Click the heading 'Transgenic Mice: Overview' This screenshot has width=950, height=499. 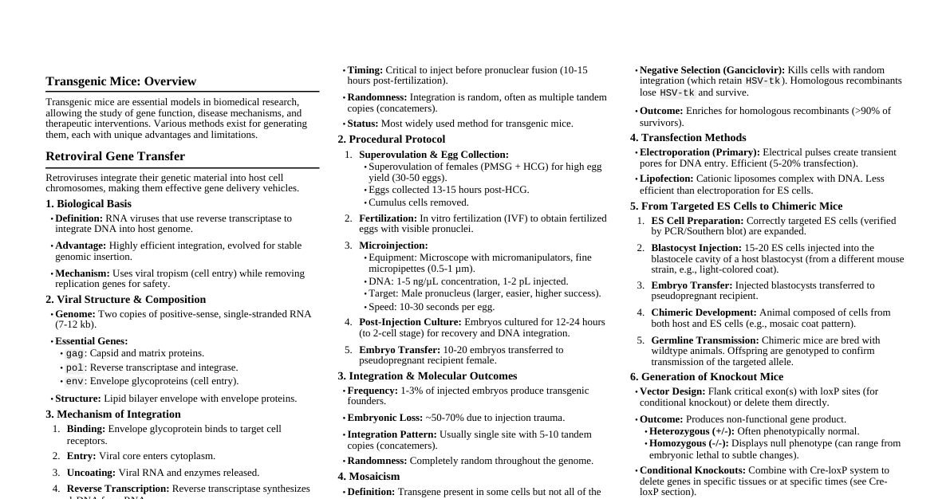[x=120, y=81]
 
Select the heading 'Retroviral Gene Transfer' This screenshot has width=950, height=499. [x=115, y=156]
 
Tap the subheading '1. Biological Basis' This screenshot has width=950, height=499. [x=89, y=204]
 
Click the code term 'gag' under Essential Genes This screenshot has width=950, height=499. [x=75, y=353]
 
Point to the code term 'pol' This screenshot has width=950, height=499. [x=75, y=367]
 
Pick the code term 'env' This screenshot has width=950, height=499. [x=75, y=381]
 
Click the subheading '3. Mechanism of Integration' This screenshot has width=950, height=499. [x=113, y=415]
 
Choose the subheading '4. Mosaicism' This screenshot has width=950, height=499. [x=369, y=477]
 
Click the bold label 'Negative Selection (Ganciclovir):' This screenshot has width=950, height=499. [x=712, y=70]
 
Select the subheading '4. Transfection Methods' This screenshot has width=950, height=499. [x=688, y=138]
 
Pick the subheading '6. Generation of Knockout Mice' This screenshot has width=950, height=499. [x=706, y=377]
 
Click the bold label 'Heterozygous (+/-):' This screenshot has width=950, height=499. [x=692, y=431]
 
